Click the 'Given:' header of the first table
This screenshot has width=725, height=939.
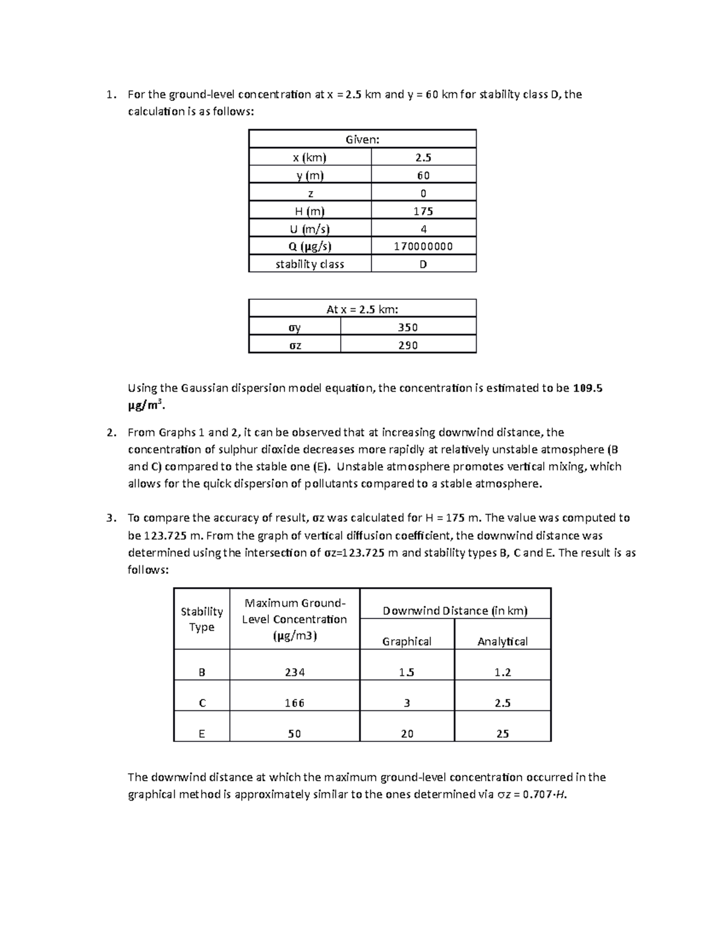point(362,139)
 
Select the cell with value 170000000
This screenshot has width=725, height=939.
point(423,246)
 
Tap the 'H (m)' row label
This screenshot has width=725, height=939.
point(309,211)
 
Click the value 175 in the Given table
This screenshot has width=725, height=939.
point(423,211)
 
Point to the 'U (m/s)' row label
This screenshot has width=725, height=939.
point(309,229)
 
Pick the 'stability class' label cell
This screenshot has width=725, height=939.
point(309,264)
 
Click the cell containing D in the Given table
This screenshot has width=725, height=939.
point(423,264)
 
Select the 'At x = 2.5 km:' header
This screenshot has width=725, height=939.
point(362,309)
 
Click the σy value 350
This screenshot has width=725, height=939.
point(408,327)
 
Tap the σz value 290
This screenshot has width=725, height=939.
point(408,345)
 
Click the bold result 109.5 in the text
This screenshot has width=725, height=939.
point(587,388)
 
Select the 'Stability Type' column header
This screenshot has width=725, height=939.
point(202,619)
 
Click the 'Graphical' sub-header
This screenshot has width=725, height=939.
point(407,641)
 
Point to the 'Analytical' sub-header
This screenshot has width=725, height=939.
point(502,641)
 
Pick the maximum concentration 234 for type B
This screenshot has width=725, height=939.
point(294,672)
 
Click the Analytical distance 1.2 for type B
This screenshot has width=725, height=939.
point(502,672)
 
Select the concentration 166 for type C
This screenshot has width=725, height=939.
point(294,703)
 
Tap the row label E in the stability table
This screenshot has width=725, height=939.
point(202,733)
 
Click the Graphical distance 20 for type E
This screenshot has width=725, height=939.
point(407,733)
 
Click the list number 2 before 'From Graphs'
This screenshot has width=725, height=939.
point(109,432)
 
